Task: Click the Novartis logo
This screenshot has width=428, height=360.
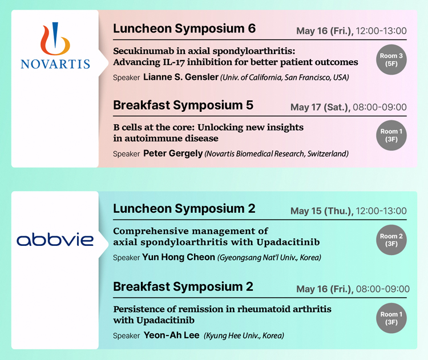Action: [55, 45]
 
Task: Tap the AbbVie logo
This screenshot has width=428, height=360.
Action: [55, 240]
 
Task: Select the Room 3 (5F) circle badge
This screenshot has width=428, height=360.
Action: [391, 59]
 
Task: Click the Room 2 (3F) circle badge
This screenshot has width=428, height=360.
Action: [391, 240]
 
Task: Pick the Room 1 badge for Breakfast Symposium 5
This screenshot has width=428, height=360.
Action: [391, 135]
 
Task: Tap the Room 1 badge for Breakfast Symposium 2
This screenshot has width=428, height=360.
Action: [391, 318]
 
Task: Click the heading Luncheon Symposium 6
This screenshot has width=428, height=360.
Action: [184, 29]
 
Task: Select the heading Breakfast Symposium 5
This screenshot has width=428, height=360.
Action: [183, 105]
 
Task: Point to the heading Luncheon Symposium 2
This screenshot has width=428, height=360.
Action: [184, 208]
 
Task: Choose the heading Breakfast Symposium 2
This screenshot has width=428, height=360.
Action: [183, 286]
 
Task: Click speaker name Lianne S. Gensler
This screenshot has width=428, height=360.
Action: [181, 77]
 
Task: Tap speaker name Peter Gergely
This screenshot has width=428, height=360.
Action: [173, 153]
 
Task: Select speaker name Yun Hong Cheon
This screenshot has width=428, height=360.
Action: [179, 257]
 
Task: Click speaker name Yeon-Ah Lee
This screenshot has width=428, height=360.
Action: [171, 335]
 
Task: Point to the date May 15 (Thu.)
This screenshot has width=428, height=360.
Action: [321, 211]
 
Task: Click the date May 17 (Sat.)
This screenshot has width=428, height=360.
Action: [320, 107]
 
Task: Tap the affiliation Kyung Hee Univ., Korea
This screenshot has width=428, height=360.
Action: [244, 335]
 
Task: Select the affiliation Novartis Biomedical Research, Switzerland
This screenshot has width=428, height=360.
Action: [277, 154]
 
